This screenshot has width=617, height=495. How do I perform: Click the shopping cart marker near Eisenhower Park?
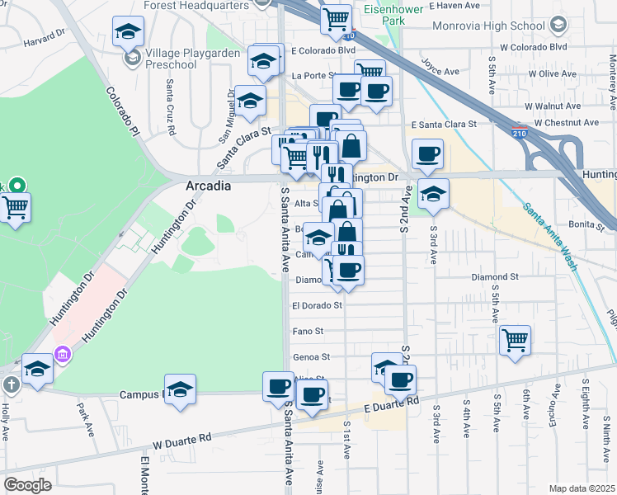click(336, 18)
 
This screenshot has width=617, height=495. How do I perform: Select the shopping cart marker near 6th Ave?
click(515, 339)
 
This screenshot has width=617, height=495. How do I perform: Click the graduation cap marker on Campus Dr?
click(180, 389)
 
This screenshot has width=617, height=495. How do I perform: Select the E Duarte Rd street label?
click(391, 406)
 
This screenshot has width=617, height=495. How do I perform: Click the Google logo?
click(28, 484)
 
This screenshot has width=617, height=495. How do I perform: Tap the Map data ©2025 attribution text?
click(582, 488)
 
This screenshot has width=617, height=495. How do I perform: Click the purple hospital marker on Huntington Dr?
click(61, 356)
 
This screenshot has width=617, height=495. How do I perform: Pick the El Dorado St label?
click(317, 305)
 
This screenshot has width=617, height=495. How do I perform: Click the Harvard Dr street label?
click(43, 39)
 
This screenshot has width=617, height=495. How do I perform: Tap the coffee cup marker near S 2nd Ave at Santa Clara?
click(427, 153)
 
